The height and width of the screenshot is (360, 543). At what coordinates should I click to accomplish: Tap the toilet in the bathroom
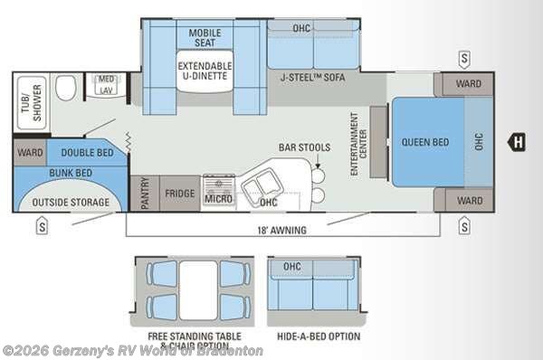coord(64,89)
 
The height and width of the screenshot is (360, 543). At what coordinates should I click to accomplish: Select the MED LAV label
coord(107,86)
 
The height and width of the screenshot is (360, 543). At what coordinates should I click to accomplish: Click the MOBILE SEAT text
coord(205,39)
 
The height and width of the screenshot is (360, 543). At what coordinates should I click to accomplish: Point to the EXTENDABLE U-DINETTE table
coord(205,71)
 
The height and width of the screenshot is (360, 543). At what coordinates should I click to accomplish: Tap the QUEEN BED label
coord(425,142)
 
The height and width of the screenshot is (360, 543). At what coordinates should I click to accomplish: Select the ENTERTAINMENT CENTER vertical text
coord(360,137)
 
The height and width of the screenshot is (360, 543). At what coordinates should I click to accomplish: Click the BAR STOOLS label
coord(303,147)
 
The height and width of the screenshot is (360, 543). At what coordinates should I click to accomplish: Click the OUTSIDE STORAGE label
coord(71,202)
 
